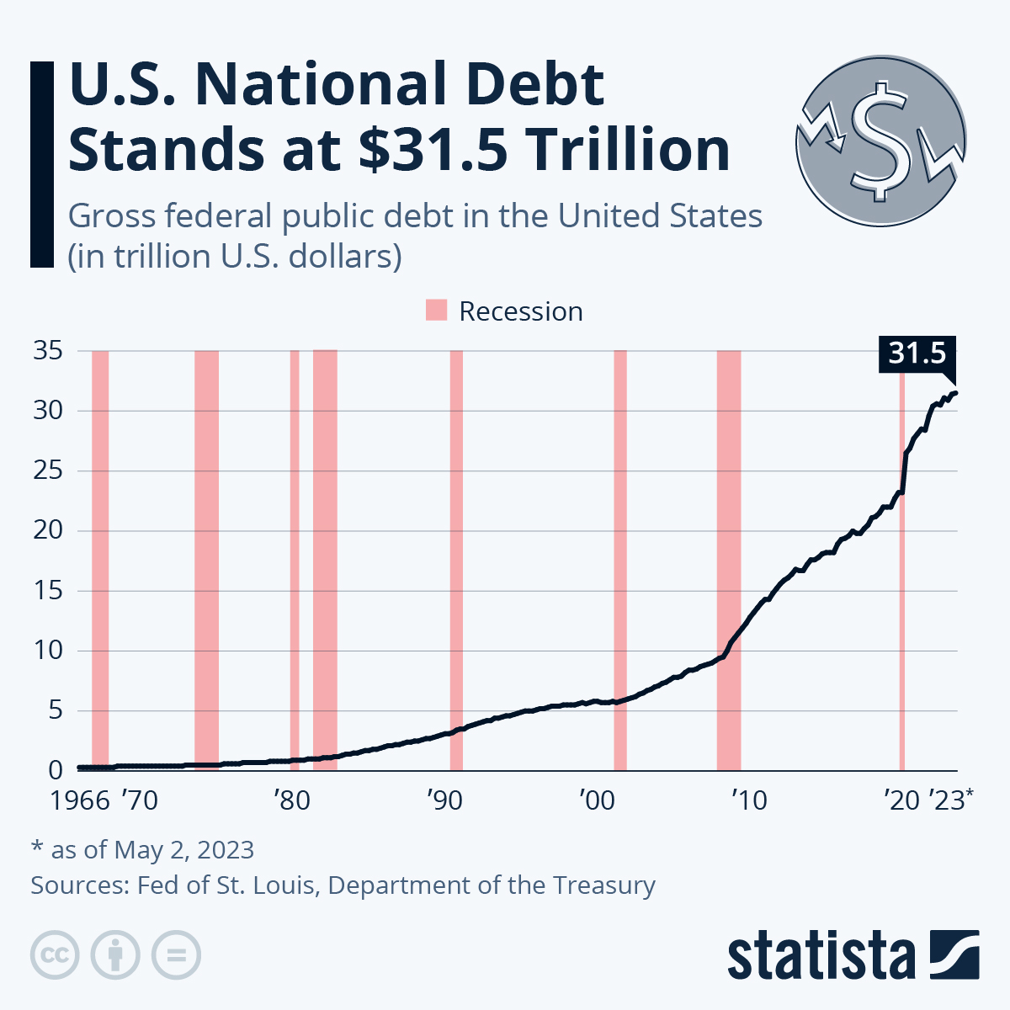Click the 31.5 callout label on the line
(x=917, y=353)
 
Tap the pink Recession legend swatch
(x=436, y=311)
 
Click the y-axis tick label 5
(x=56, y=710)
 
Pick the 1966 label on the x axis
(x=80, y=800)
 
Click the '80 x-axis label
(x=292, y=800)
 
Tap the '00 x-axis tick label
(x=597, y=800)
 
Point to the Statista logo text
(x=821, y=955)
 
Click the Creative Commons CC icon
(x=55, y=955)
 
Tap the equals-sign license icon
(x=176, y=955)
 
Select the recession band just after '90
(x=456, y=560)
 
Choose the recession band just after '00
(x=620, y=560)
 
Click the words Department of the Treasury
(x=492, y=885)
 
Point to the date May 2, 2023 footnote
(x=183, y=849)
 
